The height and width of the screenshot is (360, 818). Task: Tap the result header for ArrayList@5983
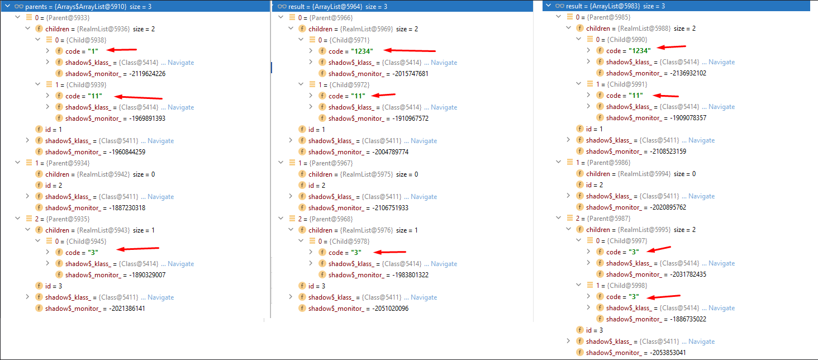[613, 6]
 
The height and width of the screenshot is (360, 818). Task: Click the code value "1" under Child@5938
[92, 51]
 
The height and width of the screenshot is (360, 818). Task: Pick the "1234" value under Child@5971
[358, 51]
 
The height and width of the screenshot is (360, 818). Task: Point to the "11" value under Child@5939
[94, 96]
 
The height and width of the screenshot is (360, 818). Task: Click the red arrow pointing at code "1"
[123, 50]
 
